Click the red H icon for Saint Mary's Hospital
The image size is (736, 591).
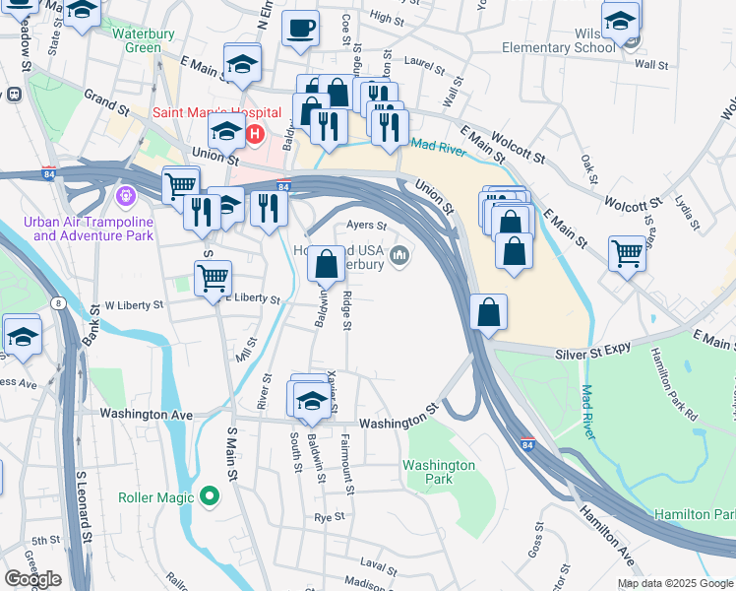coord(256,133)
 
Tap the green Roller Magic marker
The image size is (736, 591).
coord(209,496)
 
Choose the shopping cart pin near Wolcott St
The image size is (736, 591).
coord(627,253)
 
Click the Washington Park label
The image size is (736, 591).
coord(439,472)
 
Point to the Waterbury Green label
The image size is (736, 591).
coord(136,40)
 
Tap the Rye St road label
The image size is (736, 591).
coord(329,516)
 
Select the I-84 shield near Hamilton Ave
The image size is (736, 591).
coord(527,445)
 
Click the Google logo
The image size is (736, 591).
coord(31,578)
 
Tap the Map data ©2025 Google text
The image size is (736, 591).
coord(675,583)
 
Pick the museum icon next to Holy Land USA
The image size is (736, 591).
coord(399,257)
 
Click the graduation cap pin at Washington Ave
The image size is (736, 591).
coord(312,400)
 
